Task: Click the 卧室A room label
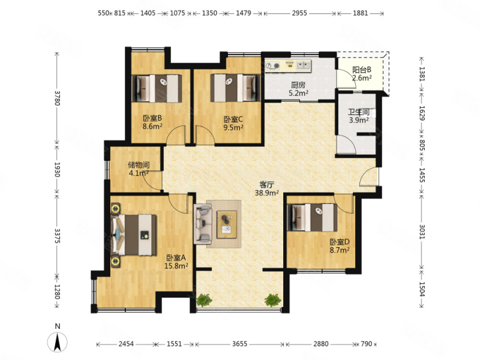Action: click(176, 258)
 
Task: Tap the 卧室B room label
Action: click(152, 118)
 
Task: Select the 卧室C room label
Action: click(233, 119)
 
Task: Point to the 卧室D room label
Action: click(340, 242)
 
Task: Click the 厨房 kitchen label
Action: click(298, 85)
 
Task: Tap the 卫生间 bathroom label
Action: click(359, 112)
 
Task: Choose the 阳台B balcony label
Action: click(362, 70)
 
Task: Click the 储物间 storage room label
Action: click(139, 165)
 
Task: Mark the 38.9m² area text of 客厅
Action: click(266, 193)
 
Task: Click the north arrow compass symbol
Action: click(57, 342)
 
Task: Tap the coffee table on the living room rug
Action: click(227, 224)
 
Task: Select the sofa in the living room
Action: click(203, 224)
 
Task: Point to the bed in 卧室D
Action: click(313, 217)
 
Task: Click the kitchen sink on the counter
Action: click(303, 65)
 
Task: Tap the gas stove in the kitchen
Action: click(273, 66)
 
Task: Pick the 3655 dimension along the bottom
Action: click(239, 344)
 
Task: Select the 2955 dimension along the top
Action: click(299, 13)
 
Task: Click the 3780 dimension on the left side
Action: click(57, 98)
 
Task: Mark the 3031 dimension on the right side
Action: click(422, 232)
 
